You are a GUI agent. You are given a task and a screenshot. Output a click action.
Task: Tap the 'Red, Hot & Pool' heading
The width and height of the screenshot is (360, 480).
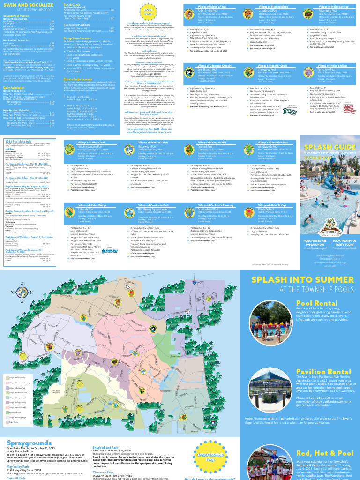[x=325, y=453]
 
